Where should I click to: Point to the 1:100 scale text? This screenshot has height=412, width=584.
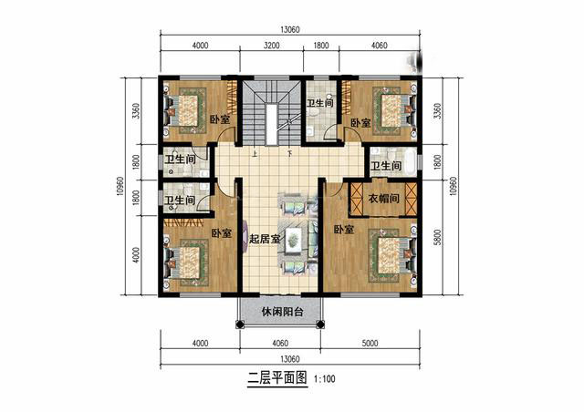click(323, 378)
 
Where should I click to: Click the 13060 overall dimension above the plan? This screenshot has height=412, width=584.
click(290, 28)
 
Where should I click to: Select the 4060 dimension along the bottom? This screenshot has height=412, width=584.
click(279, 344)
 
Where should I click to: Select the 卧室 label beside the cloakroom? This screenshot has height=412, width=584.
click(344, 229)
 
